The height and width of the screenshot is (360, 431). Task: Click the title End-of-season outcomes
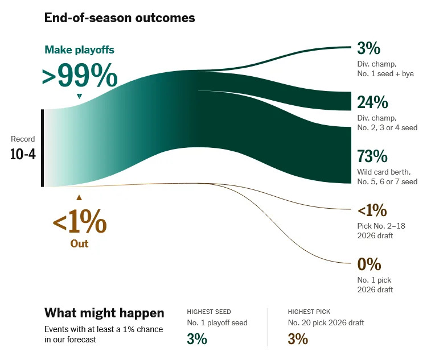pos(120,18)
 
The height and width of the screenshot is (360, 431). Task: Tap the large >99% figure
pos(80,75)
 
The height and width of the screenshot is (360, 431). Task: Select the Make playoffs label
pos(79,50)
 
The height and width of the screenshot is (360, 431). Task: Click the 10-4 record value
pos(23,154)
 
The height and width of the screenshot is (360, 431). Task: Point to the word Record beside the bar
pos(23,139)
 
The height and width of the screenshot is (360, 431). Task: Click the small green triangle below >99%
pos(79,96)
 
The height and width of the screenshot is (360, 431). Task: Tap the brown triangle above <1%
pos(79,197)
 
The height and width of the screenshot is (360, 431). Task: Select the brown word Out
pos(79,243)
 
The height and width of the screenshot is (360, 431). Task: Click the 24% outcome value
pos(372,102)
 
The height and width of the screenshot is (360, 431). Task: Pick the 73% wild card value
pos(372,156)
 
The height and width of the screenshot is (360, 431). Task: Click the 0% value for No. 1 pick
pos(369,264)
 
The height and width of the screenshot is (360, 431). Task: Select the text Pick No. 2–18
pos(381,225)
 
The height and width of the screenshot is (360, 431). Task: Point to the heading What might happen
pos(104,313)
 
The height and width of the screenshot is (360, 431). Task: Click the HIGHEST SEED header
pos(208,312)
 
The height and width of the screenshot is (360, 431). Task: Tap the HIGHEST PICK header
pos(309,312)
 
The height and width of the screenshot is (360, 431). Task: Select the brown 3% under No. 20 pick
pos(298,339)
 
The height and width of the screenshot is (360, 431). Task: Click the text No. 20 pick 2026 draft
pos(326,323)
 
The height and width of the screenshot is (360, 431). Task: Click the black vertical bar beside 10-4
pos(42,148)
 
